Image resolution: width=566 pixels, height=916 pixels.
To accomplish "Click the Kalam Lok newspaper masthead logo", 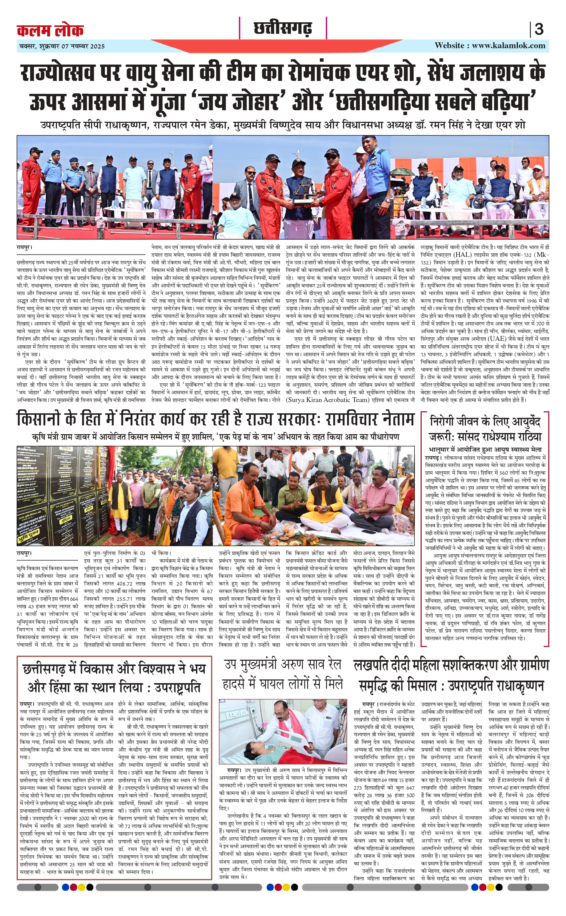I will [50, 30].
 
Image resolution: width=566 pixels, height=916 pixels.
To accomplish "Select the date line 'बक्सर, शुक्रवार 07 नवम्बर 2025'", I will [62, 47].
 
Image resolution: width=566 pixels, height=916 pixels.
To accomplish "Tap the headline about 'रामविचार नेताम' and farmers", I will [215, 420].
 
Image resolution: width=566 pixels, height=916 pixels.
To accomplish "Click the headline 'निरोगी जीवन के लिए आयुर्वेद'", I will [485, 422].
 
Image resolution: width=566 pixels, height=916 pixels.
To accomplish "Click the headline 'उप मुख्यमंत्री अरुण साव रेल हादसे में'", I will [283, 674].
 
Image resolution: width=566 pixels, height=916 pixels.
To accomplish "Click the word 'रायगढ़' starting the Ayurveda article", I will [432, 458].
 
